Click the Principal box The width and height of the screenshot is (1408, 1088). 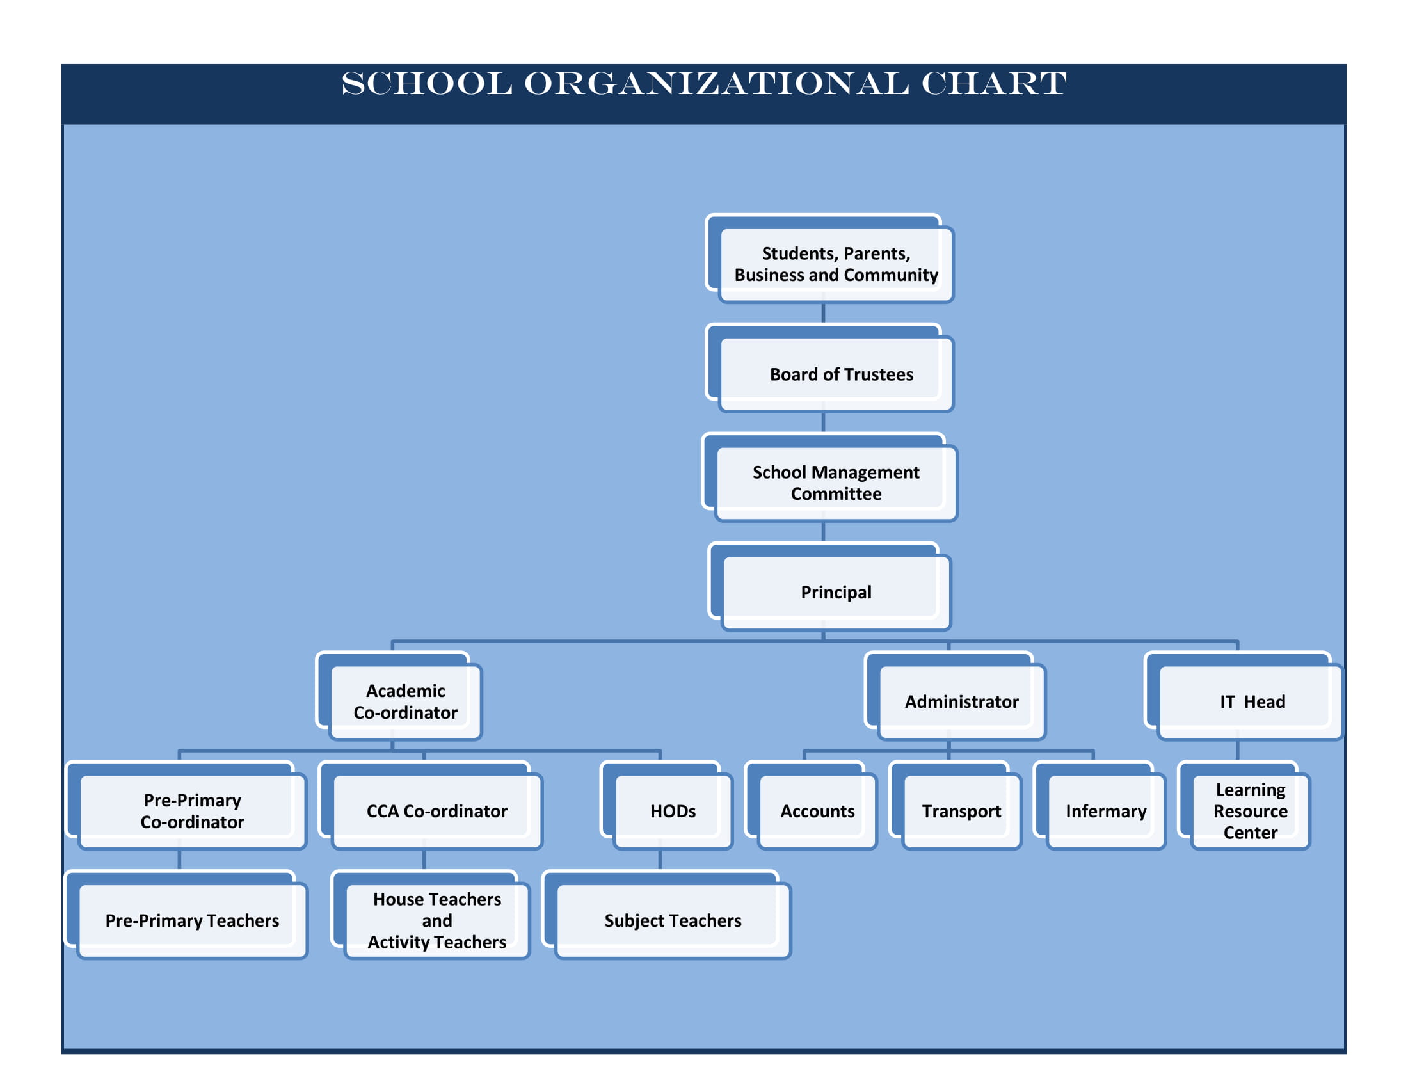829,586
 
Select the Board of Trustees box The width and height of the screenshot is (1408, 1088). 829,367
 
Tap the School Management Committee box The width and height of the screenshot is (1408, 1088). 829,477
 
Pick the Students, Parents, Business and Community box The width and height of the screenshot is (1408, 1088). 829,258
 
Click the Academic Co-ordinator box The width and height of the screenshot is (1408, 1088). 399,696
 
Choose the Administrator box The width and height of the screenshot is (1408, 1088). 955,696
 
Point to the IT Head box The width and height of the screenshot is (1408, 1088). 1244,696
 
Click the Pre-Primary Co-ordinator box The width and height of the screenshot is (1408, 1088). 186,805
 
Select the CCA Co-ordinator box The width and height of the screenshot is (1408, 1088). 431,805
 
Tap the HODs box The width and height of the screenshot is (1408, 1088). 667,805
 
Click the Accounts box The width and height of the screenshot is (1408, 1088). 811,805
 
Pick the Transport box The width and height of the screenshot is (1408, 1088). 956,805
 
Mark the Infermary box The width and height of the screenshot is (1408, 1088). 1100,805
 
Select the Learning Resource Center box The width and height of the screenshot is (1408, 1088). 1244,805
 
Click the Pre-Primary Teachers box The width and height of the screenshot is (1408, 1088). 186,915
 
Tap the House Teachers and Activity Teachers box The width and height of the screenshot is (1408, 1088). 431,915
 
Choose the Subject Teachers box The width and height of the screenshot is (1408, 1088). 667,915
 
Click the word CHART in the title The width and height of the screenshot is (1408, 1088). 994,84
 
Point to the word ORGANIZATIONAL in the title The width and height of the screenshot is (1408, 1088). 716,84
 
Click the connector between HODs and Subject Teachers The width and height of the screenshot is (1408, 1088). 660,860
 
